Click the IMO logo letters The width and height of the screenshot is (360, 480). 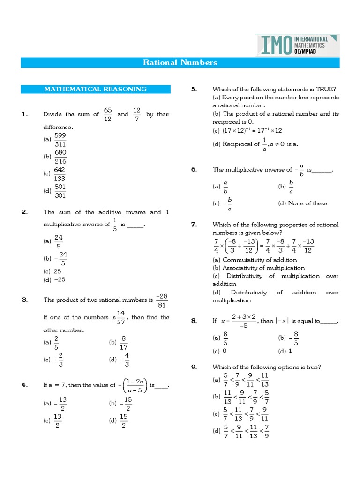(275, 45)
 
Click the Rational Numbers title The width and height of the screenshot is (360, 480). (180, 62)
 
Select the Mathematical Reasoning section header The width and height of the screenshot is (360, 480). (95, 89)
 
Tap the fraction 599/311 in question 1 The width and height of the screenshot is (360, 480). (60, 139)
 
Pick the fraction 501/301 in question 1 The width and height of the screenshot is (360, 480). (60, 191)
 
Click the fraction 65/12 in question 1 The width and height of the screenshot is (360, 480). (108, 114)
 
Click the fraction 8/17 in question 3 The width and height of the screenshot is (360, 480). (124, 343)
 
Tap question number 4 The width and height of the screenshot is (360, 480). (25, 385)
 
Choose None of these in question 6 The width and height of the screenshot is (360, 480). (307, 203)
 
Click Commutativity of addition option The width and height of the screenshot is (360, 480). (260, 260)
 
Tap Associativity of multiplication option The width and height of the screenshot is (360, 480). (263, 268)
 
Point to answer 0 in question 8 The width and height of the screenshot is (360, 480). (225, 351)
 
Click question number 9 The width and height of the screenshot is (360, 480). (194, 367)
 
